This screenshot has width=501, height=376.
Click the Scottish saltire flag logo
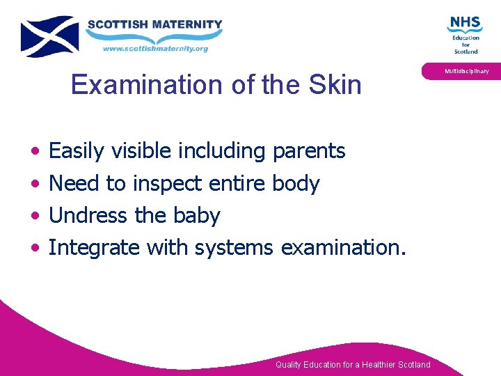(x=49, y=36)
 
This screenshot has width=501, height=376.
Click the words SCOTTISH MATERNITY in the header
(x=154, y=24)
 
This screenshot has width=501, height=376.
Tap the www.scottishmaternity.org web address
(x=155, y=49)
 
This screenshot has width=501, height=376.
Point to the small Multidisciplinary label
(x=467, y=71)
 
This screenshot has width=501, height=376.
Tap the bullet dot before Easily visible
(x=35, y=152)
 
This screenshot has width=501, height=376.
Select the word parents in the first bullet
(x=309, y=151)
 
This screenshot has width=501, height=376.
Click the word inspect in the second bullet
(x=164, y=184)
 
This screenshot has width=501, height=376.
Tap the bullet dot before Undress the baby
(x=35, y=217)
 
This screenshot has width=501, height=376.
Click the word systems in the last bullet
(x=234, y=248)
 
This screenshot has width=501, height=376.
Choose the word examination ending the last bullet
(x=341, y=247)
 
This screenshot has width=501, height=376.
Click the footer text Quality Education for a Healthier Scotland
(x=353, y=365)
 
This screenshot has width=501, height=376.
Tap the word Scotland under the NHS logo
(x=466, y=51)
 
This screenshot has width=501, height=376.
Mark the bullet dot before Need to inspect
(x=35, y=185)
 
